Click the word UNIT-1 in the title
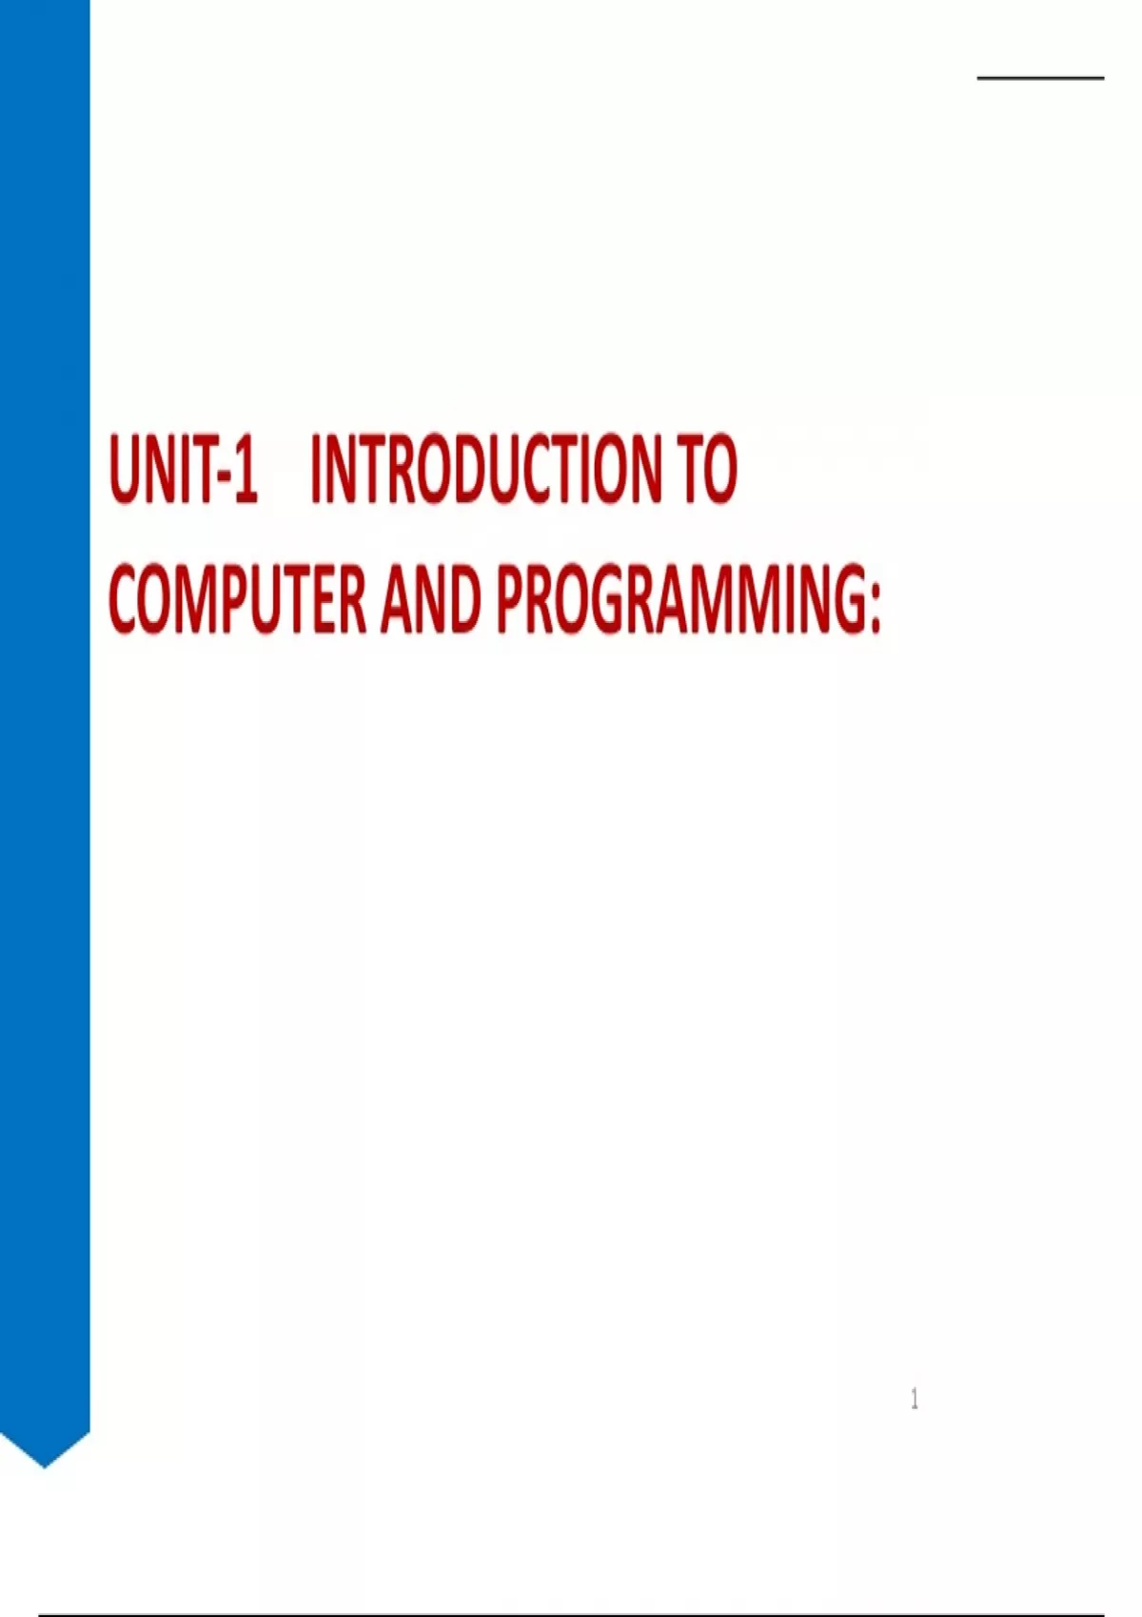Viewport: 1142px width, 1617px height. coord(184,469)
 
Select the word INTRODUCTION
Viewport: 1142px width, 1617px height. coord(485,469)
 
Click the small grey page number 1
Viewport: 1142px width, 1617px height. coord(915,1398)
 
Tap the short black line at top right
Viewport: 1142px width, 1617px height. coord(1040,77)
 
